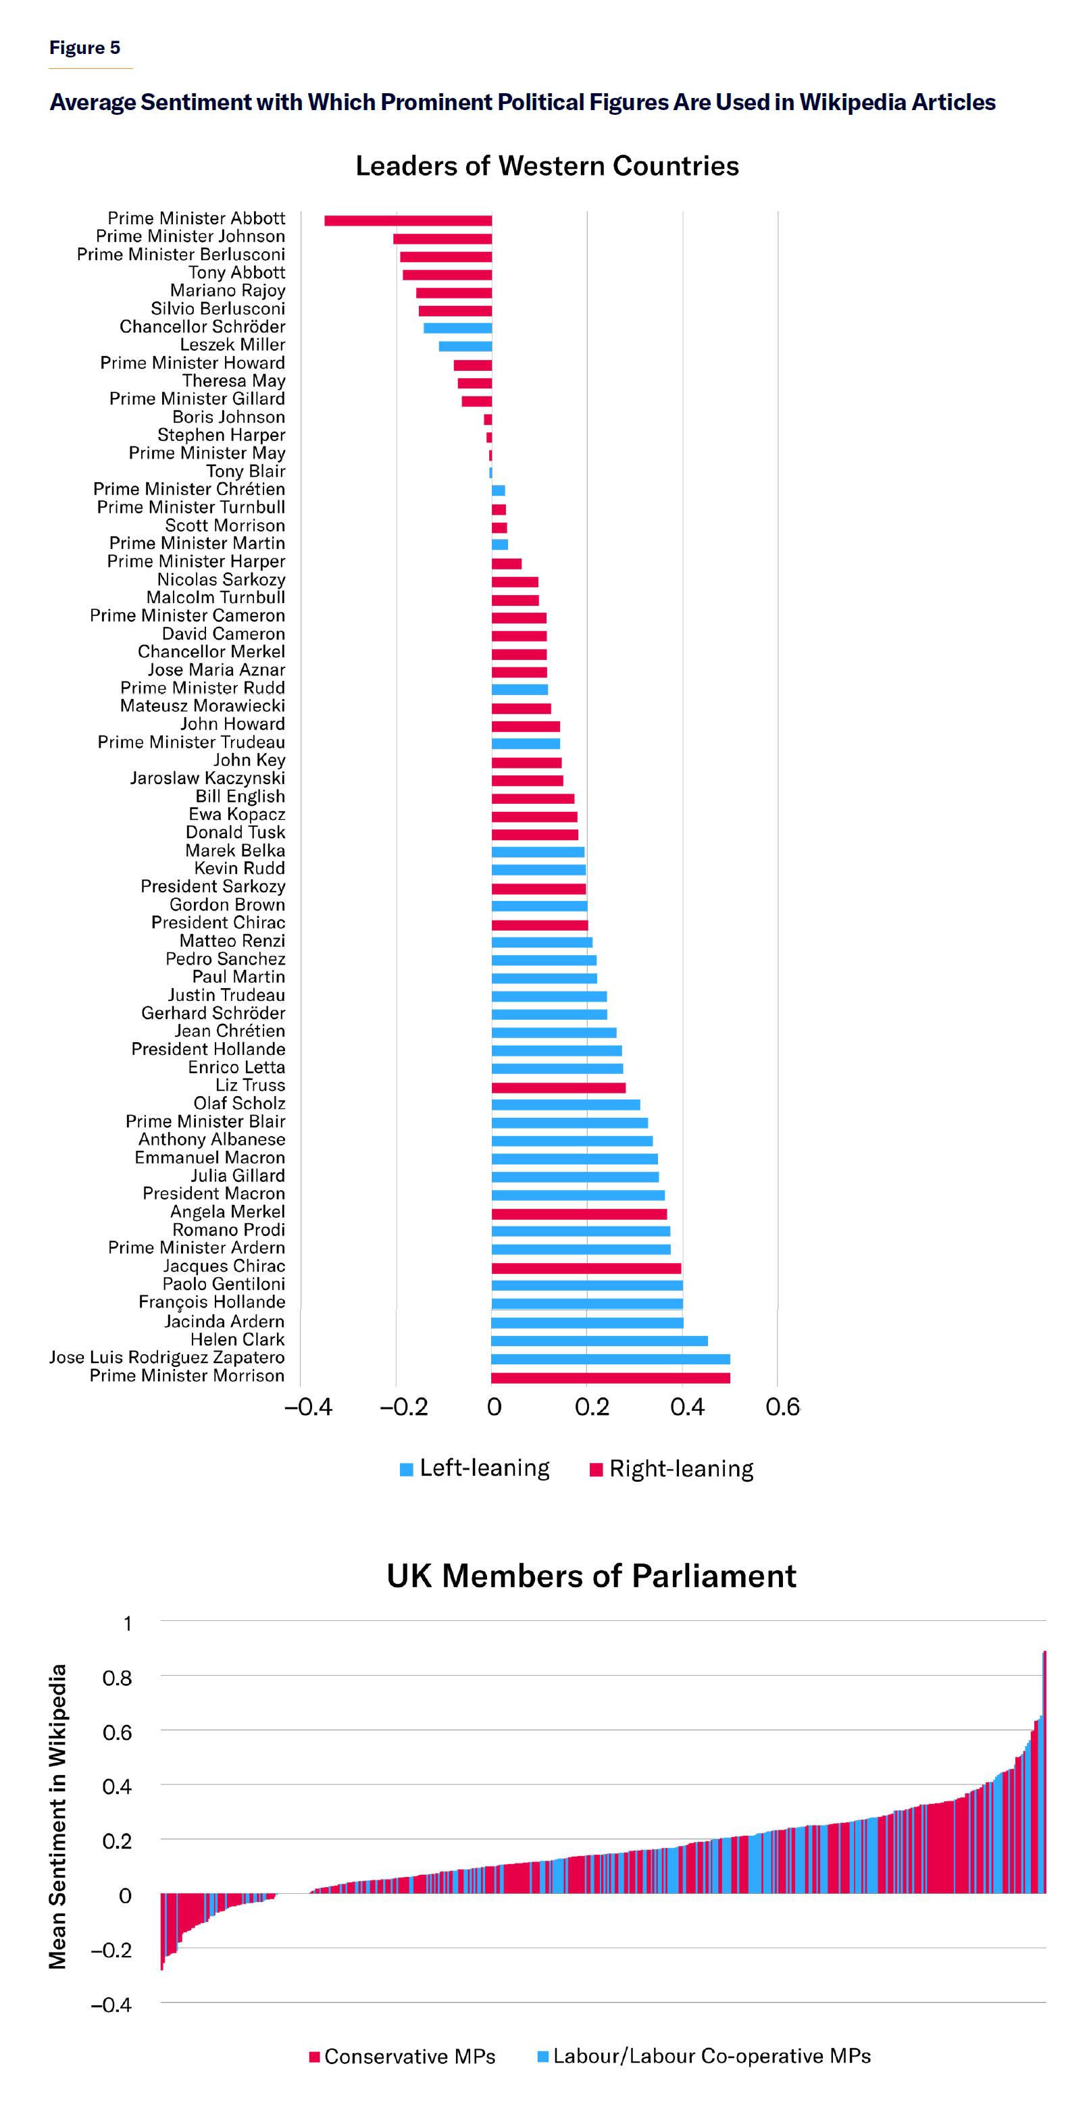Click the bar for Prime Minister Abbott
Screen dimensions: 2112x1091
coord(408,221)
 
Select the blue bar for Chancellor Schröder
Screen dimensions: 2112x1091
coord(458,328)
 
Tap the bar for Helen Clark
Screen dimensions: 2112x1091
coord(599,1341)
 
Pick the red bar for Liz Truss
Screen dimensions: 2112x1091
coord(559,1087)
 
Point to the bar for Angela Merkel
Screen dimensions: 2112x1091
coord(579,1214)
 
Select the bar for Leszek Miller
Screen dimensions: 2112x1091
coord(465,346)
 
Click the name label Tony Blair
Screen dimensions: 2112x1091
coord(245,471)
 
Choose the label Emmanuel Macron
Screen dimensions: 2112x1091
coord(210,1158)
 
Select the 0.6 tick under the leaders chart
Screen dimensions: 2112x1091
coord(782,1408)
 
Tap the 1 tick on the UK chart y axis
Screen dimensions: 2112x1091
coord(127,1624)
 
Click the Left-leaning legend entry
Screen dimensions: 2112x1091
coord(475,1468)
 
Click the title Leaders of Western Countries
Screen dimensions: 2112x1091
coord(547,166)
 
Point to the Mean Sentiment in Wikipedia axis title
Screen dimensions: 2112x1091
coord(57,1816)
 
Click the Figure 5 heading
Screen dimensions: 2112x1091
coord(84,47)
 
